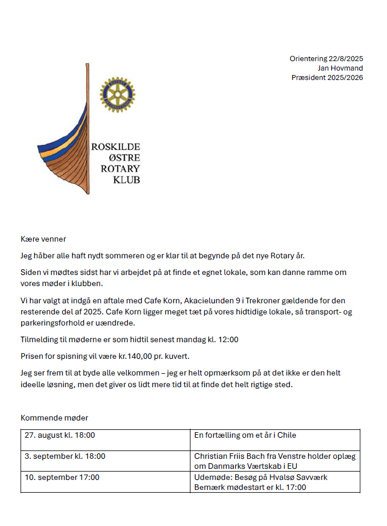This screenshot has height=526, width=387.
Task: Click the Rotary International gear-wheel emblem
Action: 117,94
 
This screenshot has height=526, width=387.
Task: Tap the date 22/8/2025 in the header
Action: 345,59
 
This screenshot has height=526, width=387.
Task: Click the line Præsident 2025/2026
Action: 327,78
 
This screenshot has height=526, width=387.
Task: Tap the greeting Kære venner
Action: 43,239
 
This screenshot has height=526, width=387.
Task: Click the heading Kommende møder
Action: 54,418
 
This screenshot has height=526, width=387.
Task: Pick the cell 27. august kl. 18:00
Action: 60,435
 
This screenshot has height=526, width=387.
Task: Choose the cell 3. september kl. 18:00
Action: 65,457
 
